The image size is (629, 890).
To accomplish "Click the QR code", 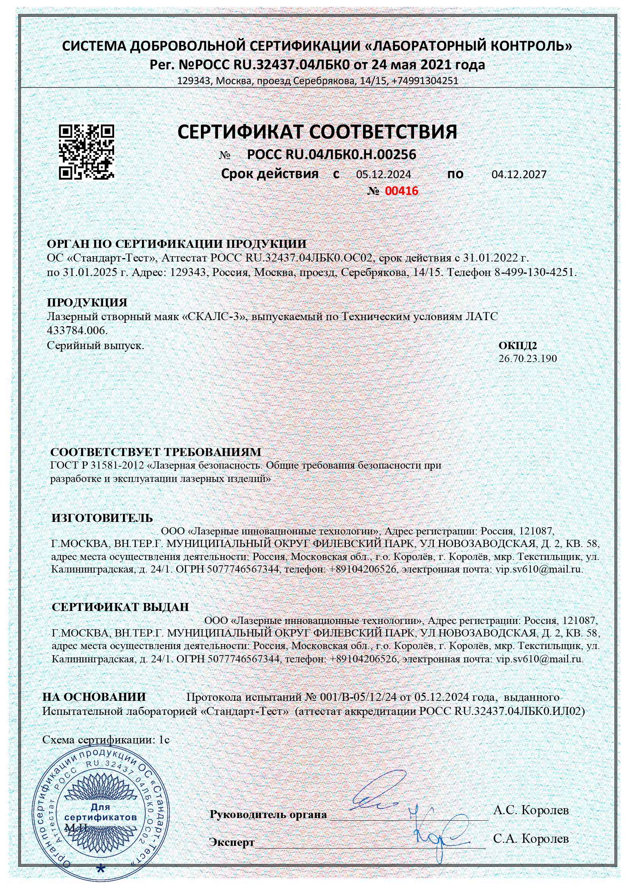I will tap(86, 152).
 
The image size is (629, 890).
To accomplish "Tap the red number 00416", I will tap(401, 191).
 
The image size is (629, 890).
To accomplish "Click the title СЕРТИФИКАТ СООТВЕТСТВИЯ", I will tap(317, 132).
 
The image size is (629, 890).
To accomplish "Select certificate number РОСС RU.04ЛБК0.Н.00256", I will tap(331, 155).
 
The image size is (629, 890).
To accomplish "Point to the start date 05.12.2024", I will tap(383, 174).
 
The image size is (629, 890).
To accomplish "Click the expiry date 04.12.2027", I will tap(519, 174).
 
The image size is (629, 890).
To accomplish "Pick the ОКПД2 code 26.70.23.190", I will tap(527, 359).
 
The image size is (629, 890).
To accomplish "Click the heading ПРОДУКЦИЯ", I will tap(87, 302).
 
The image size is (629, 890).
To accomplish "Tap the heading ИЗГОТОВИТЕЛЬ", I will tap(102, 518).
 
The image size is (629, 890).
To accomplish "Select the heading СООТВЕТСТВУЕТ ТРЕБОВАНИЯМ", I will tap(156, 452).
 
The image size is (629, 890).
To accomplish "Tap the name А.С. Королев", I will tap(531, 810).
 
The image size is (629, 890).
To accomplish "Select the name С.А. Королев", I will tap(531, 839).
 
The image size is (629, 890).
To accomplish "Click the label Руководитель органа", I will tap(268, 814).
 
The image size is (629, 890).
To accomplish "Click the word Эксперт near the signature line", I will tap(232, 842).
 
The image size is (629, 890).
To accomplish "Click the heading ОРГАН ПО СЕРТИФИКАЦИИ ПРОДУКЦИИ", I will tap(176, 244).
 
